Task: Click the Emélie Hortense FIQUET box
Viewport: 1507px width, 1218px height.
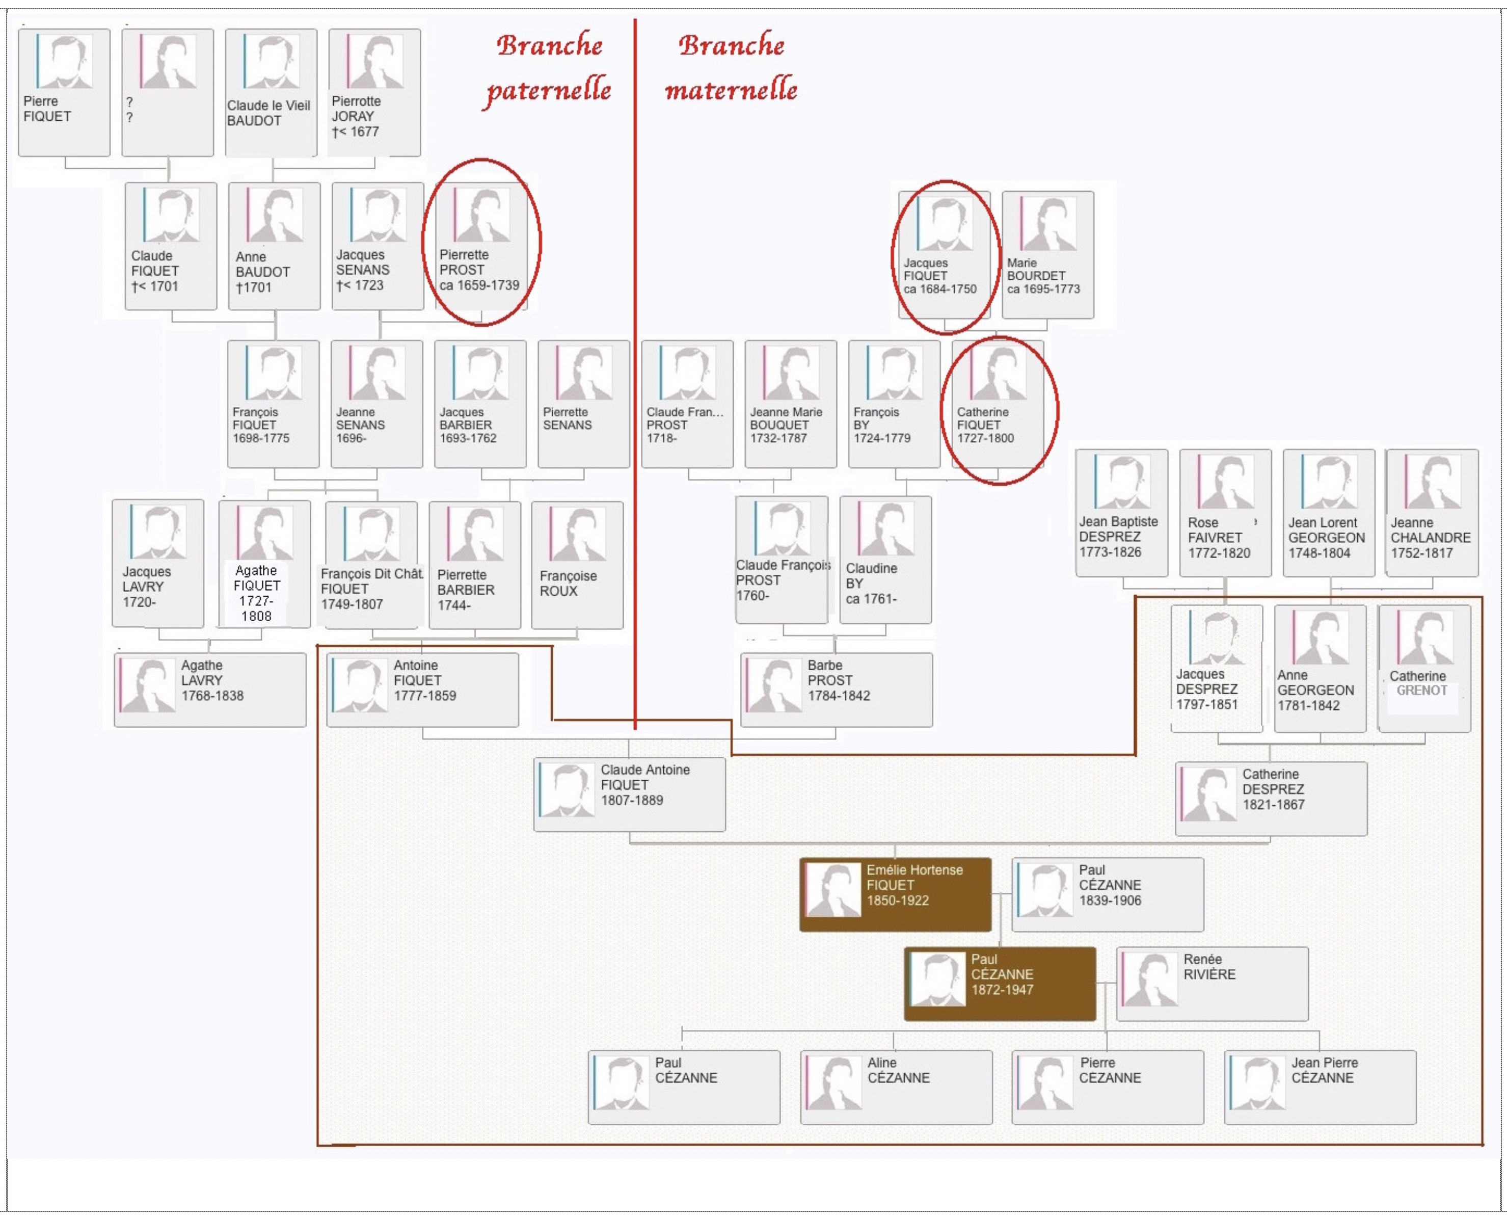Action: click(896, 894)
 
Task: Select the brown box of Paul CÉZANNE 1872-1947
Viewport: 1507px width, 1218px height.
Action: click(1000, 984)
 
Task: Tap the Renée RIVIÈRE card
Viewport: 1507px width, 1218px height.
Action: click(1213, 984)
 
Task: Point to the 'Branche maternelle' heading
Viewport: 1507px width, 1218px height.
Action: click(731, 68)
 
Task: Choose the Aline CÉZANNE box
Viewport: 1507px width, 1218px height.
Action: click(896, 1088)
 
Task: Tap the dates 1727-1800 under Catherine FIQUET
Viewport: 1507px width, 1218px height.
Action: click(985, 438)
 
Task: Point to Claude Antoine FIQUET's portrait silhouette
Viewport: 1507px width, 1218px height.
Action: click(567, 790)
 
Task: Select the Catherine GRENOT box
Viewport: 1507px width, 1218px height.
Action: click(1424, 669)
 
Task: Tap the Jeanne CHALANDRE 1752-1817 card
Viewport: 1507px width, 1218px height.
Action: click(1433, 513)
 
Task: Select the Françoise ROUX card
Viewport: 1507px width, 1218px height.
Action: click(577, 565)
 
